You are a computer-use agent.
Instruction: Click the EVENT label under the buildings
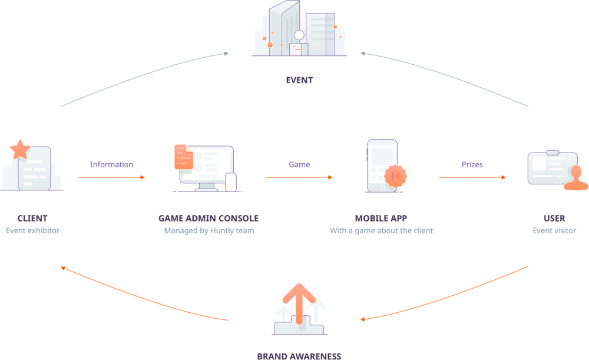(x=299, y=81)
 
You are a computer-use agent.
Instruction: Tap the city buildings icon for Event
(x=299, y=31)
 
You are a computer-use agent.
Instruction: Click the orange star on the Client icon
(x=20, y=150)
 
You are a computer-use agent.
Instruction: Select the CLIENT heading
(x=32, y=218)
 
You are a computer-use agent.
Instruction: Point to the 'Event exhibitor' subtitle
(x=32, y=231)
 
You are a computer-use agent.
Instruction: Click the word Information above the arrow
(x=111, y=165)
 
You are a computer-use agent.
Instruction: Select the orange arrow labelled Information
(x=111, y=177)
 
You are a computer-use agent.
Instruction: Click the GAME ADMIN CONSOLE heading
(x=209, y=218)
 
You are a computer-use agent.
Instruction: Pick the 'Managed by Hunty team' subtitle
(x=209, y=231)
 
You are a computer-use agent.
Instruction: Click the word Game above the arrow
(x=299, y=165)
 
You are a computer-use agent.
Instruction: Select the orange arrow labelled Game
(x=299, y=177)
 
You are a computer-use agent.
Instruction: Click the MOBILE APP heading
(x=382, y=218)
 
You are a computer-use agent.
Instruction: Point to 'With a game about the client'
(x=382, y=231)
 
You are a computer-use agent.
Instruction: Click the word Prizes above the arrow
(x=472, y=165)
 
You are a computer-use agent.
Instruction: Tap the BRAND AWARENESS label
(x=299, y=355)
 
